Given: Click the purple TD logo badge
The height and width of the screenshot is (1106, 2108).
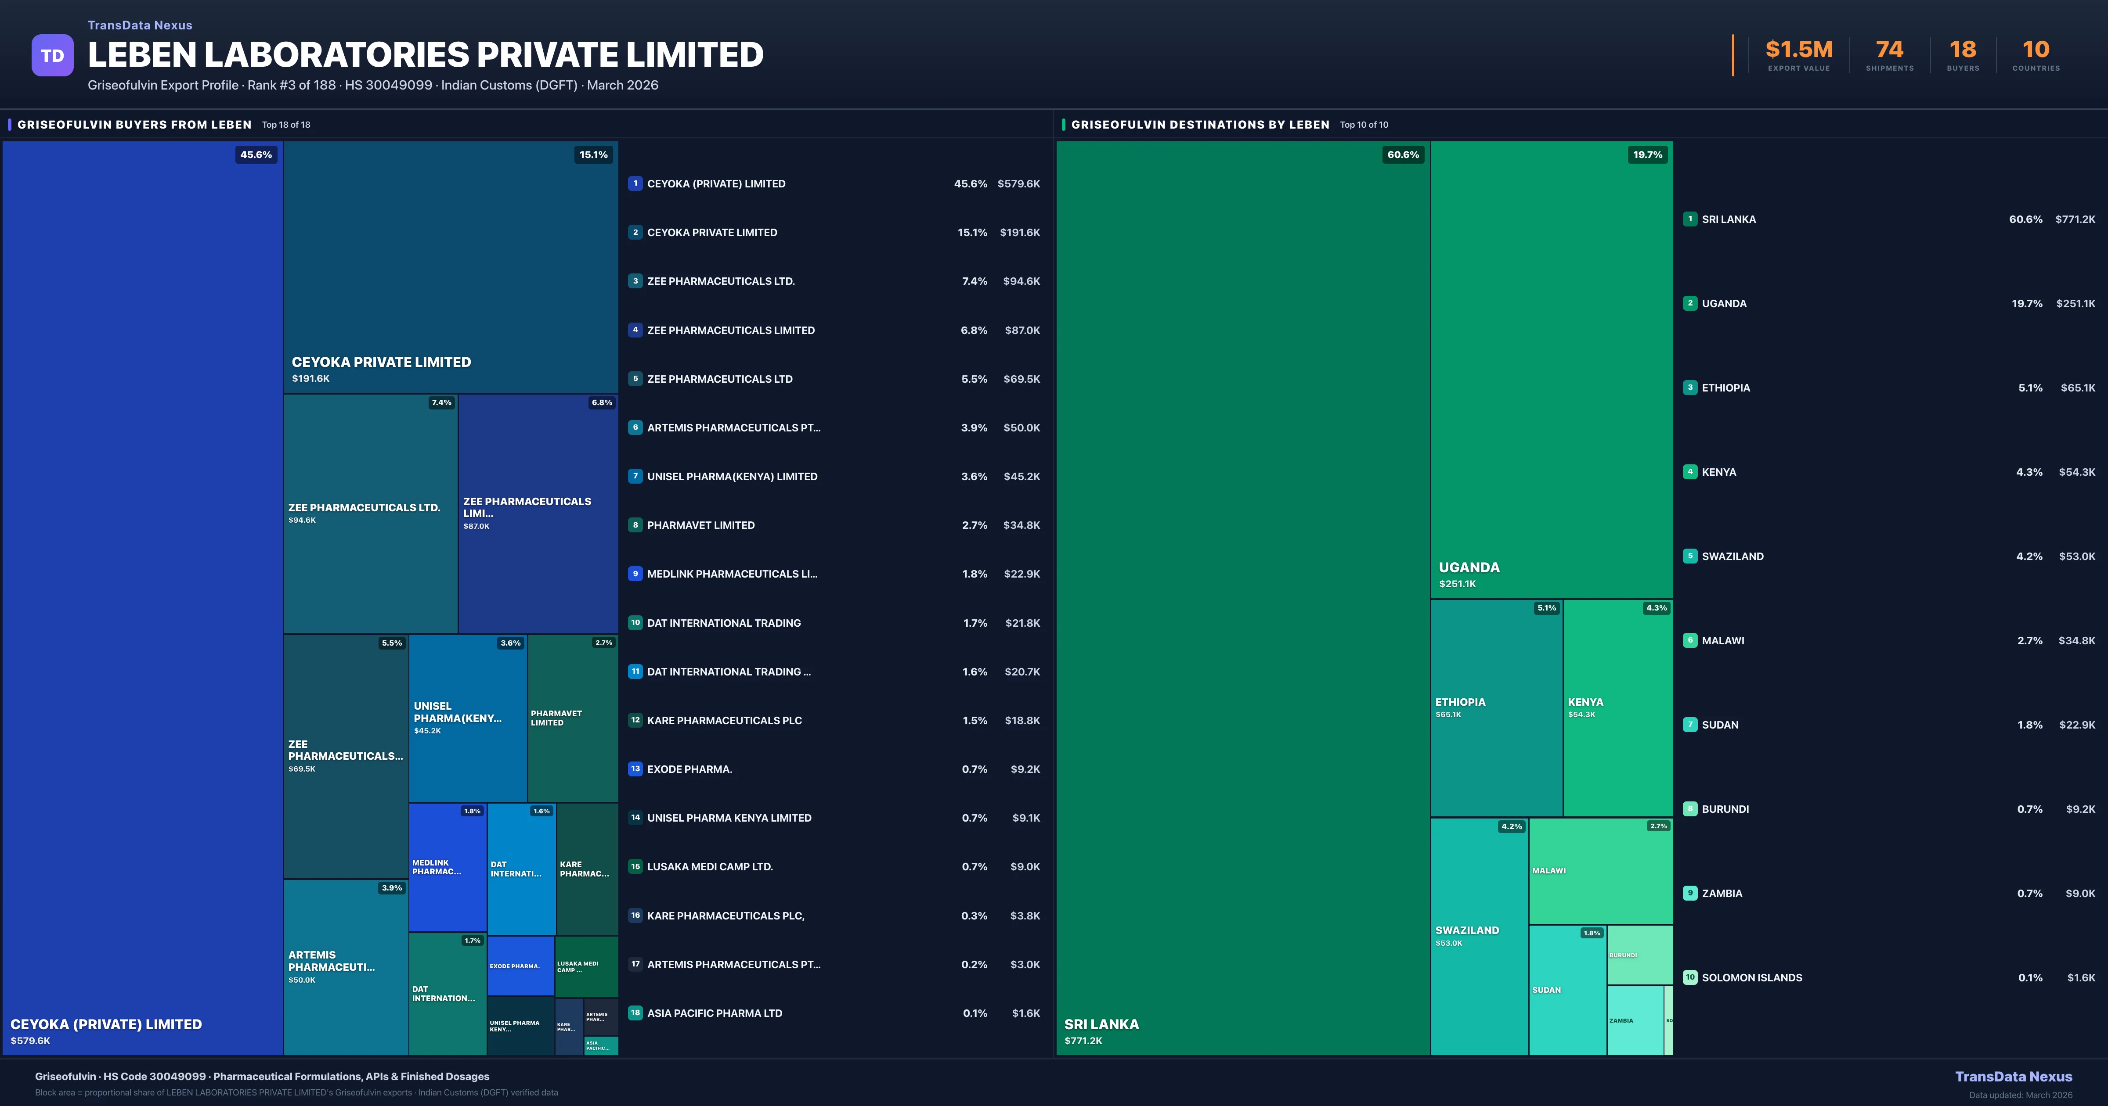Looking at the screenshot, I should coord(52,56).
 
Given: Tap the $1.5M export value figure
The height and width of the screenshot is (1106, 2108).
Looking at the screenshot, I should coord(1799,50).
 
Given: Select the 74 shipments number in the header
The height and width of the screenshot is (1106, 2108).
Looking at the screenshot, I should coord(1889,50).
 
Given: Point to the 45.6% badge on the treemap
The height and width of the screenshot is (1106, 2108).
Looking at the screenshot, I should coord(256,154).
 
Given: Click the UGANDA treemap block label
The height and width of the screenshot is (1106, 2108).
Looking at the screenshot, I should coord(1469,568).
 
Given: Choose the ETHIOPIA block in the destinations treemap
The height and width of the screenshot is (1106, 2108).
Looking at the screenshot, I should coord(1496,707).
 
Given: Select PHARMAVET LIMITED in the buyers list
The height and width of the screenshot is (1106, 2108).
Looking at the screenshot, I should coord(700,525).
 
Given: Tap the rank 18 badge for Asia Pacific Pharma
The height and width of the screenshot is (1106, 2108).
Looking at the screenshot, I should coord(635,1013).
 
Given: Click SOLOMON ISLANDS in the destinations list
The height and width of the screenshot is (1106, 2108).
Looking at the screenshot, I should coord(1751,977).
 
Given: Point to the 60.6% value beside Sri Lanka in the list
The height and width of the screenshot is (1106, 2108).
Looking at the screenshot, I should coord(2025,219).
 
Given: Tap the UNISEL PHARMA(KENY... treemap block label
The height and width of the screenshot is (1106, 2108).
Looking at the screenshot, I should coord(458,712).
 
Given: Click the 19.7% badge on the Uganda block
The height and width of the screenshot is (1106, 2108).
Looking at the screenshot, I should coord(1647,154).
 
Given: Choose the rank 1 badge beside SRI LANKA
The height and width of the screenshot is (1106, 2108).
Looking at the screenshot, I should coord(1690,219).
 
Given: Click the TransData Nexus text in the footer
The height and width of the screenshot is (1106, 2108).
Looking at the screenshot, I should coord(2013,1077).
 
